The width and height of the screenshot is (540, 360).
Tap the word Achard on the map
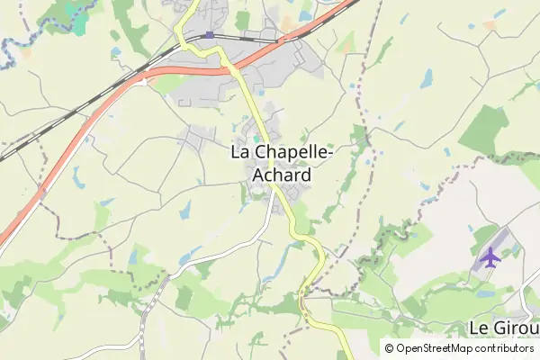(283, 175)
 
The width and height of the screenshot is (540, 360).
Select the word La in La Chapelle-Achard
(241, 153)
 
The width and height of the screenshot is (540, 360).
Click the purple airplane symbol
(490, 257)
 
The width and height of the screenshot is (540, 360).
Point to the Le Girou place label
(504, 326)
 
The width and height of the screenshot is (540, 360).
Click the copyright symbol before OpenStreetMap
(389, 348)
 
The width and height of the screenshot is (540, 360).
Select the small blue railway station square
(210, 35)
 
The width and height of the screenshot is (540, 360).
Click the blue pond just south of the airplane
(486, 292)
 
